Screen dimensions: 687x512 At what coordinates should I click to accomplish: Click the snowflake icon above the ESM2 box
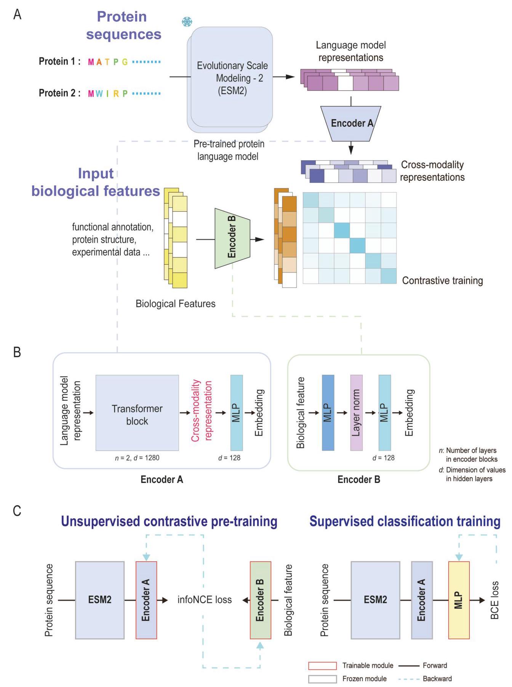tap(187, 22)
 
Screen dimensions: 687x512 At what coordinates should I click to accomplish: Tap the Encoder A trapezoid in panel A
tap(351, 123)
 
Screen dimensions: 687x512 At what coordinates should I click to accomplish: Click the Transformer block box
tap(137, 413)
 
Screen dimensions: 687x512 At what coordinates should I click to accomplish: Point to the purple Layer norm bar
tap(356, 412)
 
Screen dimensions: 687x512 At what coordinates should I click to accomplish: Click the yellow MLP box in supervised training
tap(459, 600)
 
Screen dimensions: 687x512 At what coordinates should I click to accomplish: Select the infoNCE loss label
tap(205, 600)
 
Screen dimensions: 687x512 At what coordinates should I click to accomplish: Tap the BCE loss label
tap(494, 600)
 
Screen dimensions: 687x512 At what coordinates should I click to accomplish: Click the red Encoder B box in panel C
tap(260, 600)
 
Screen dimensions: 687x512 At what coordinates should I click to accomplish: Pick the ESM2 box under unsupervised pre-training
tap(100, 600)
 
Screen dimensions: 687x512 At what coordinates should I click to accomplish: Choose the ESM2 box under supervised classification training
tap(375, 600)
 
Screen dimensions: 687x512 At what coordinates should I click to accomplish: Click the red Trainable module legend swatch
tap(322, 665)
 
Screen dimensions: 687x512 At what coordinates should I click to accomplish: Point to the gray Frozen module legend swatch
tap(322, 679)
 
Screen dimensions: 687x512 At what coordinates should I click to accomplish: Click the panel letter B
tap(17, 352)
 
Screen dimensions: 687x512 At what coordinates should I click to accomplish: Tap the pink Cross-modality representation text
tap(202, 411)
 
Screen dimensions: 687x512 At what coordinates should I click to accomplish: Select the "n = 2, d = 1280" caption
tap(137, 458)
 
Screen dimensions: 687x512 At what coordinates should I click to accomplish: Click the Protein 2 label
tap(59, 93)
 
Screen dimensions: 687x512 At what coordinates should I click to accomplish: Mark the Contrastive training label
tap(442, 281)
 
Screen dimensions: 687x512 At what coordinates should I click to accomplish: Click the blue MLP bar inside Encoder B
tap(328, 412)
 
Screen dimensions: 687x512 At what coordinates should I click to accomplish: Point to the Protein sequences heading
tap(123, 25)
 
